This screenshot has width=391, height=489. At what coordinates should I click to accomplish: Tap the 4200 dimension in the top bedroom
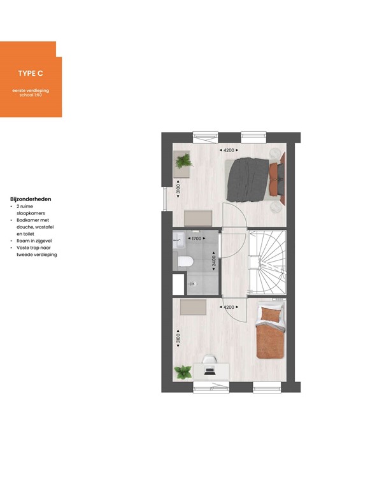click(x=228, y=150)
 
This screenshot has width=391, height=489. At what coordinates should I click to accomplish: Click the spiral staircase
click(x=266, y=261)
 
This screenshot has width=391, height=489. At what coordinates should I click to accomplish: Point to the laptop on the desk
click(x=210, y=369)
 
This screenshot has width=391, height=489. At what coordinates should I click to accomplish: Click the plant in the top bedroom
click(x=183, y=161)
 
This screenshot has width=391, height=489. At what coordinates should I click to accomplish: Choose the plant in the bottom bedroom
click(x=183, y=371)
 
